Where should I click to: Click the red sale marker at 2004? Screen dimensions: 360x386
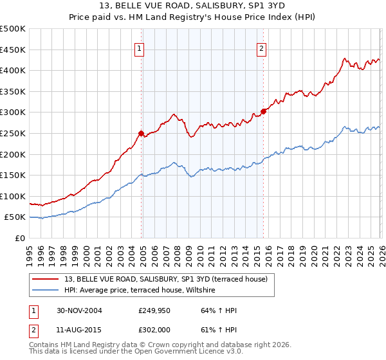[x=141, y=133]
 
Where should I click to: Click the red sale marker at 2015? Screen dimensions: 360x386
[x=263, y=111]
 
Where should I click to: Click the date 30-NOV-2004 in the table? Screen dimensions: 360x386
[x=79, y=310]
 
